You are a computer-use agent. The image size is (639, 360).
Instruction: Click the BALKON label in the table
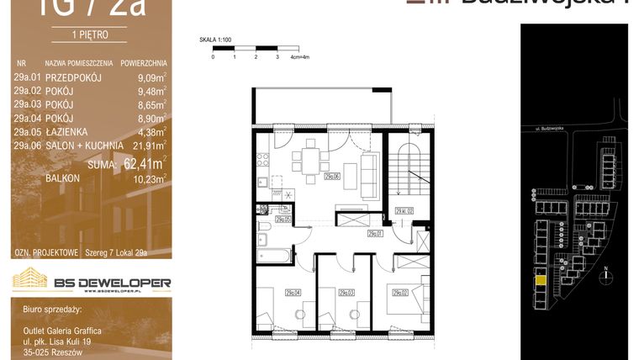point(62,179)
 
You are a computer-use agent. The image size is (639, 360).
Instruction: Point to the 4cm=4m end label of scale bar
point(300,57)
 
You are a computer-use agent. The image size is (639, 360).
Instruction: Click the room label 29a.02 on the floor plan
point(396,292)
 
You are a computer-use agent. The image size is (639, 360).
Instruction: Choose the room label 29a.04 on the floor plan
point(293,292)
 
